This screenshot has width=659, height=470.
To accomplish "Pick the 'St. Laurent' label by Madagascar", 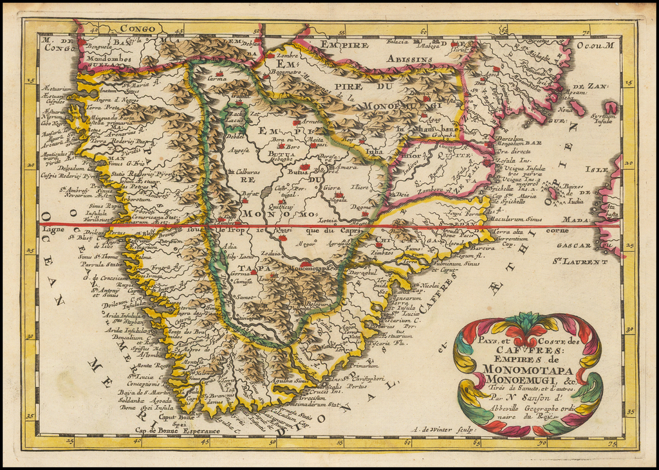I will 579,262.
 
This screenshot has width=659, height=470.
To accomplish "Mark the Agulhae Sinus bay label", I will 290,381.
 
